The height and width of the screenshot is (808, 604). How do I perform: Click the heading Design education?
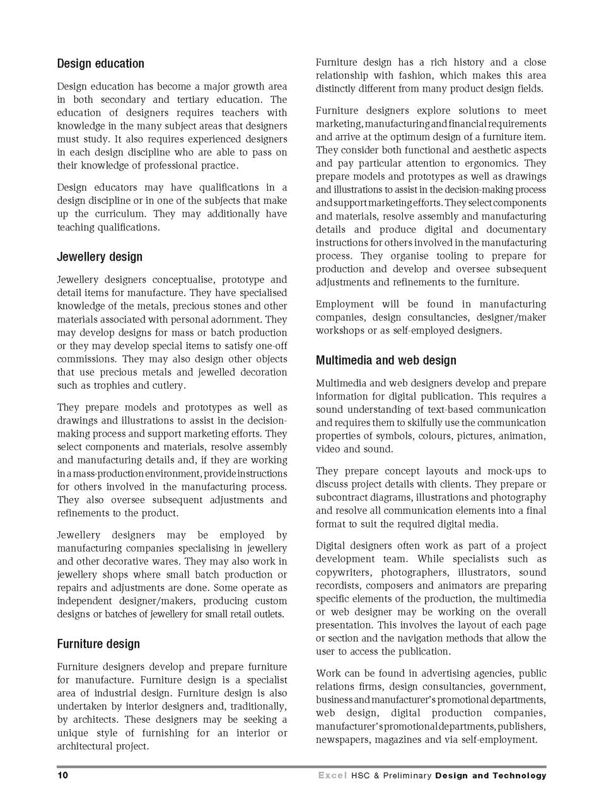[100, 64]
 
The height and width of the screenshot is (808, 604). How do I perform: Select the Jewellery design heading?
[100, 257]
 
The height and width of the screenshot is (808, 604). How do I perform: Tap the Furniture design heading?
[98, 644]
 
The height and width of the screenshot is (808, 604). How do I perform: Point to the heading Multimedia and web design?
[386, 360]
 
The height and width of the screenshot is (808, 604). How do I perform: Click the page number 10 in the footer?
[62, 775]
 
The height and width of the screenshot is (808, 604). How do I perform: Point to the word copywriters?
[344, 573]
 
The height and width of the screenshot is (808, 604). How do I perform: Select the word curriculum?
[120, 214]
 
